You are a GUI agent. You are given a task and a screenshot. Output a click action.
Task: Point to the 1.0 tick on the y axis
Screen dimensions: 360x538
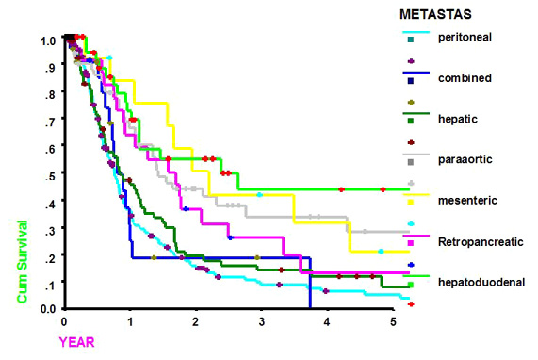47,41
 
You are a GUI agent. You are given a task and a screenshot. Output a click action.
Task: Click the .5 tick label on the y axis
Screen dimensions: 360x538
50,175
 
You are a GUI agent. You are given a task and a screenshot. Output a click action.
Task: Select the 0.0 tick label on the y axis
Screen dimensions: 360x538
47,309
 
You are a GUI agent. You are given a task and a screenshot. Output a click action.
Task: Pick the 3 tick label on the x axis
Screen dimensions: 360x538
261,322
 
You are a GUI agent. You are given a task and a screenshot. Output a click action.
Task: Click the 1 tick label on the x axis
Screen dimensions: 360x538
130,322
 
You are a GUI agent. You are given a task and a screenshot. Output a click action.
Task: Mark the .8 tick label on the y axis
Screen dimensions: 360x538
50,94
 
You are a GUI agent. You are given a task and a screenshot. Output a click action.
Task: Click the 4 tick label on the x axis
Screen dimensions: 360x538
326,322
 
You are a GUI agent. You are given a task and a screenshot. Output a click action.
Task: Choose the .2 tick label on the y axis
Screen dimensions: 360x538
50,255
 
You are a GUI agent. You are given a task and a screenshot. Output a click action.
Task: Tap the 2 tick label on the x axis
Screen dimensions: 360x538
195,322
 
